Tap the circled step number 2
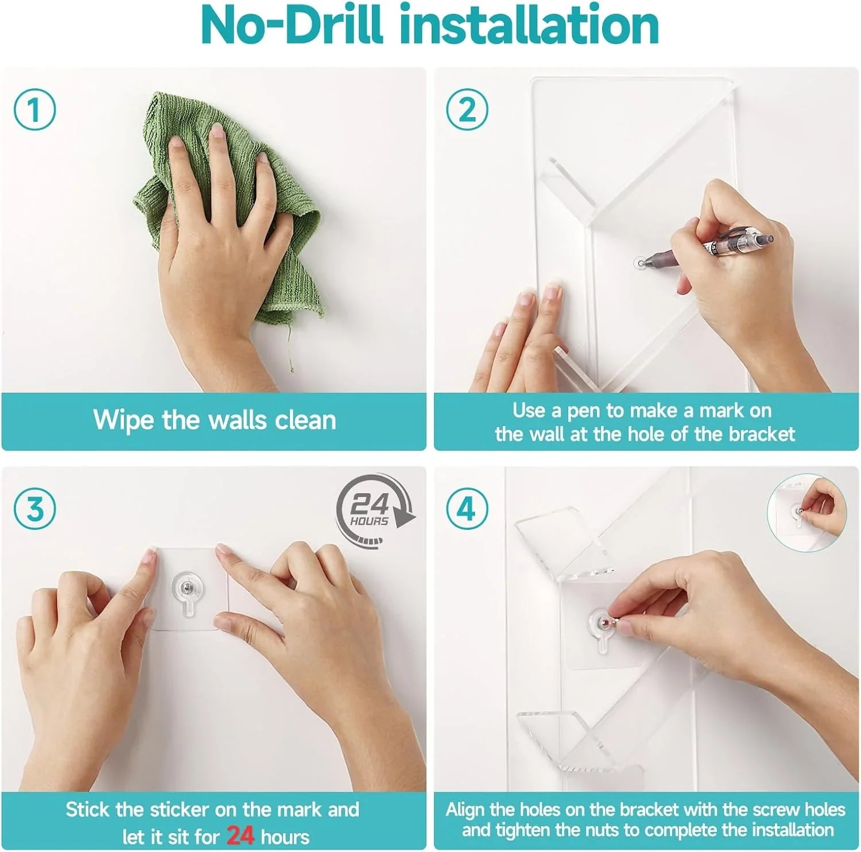[467, 109]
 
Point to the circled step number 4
[467, 509]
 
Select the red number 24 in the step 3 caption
[240, 835]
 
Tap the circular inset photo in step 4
[806, 513]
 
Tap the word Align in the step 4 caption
[465, 810]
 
